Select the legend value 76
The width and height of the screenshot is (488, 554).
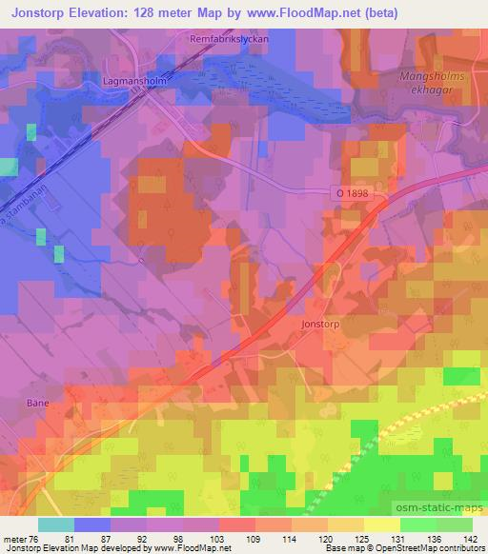click(36, 537)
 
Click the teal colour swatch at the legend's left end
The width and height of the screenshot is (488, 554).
click(56, 524)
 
